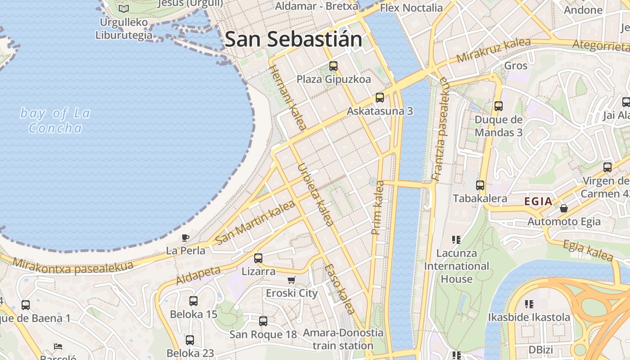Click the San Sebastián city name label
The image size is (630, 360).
(x=293, y=39)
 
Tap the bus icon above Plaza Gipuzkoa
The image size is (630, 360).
(x=333, y=66)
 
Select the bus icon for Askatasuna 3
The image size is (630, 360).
(x=380, y=98)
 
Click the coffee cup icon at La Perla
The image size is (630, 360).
(x=185, y=238)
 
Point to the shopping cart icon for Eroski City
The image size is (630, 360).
(x=292, y=280)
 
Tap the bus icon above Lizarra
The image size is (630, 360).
(x=258, y=258)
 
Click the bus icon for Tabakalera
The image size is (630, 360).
(x=480, y=185)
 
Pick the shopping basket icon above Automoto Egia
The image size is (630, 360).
(x=564, y=208)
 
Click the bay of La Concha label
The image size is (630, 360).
(x=55, y=121)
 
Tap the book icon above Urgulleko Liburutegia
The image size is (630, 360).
(x=124, y=9)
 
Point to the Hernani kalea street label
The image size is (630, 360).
(x=287, y=97)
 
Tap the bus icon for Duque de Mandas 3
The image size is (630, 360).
(x=499, y=106)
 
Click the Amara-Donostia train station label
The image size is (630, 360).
(x=343, y=339)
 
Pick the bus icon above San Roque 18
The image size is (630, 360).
(x=263, y=321)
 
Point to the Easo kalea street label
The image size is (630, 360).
(x=339, y=289)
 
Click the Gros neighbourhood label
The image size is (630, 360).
(x=516, y=66)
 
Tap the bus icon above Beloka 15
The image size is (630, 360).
(x=193, y=301)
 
